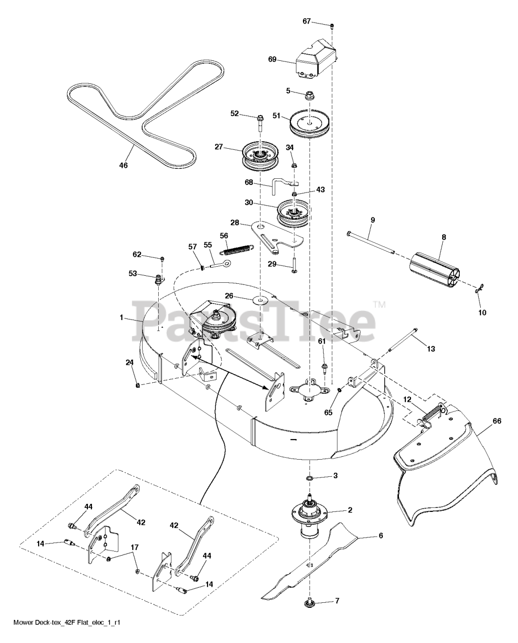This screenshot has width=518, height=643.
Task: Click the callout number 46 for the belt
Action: [x=124, y=165]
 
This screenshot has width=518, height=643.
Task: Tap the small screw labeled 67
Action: [x=332, y=26]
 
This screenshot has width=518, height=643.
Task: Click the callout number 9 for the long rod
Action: [x=373, y=220]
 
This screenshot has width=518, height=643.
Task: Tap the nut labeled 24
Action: [x=138, y=385]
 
